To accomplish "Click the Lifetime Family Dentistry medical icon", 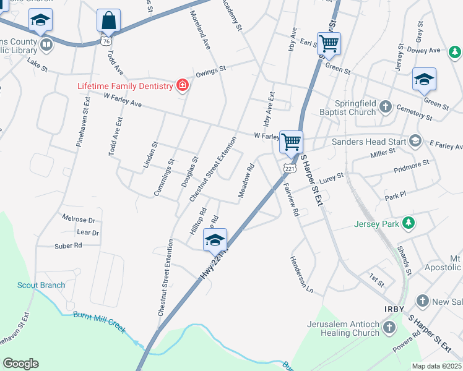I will coord(182,86).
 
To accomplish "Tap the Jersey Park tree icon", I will coord(408,223).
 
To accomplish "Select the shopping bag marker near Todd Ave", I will coord(108,21).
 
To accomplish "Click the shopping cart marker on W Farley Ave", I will coord(290,141).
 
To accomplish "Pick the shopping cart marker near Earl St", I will coord(329,43).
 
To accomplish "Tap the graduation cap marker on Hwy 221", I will coord(215,239).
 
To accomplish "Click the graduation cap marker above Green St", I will coord(424,80).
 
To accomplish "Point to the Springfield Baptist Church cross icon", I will coord(385,106).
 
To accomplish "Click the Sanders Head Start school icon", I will coord(415,142).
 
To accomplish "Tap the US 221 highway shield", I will coord(290,168).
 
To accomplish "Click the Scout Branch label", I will coord(41,285).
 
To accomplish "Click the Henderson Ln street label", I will coord(301,274).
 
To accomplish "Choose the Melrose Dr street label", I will coord(79,219).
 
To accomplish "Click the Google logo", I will coord(20,364).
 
